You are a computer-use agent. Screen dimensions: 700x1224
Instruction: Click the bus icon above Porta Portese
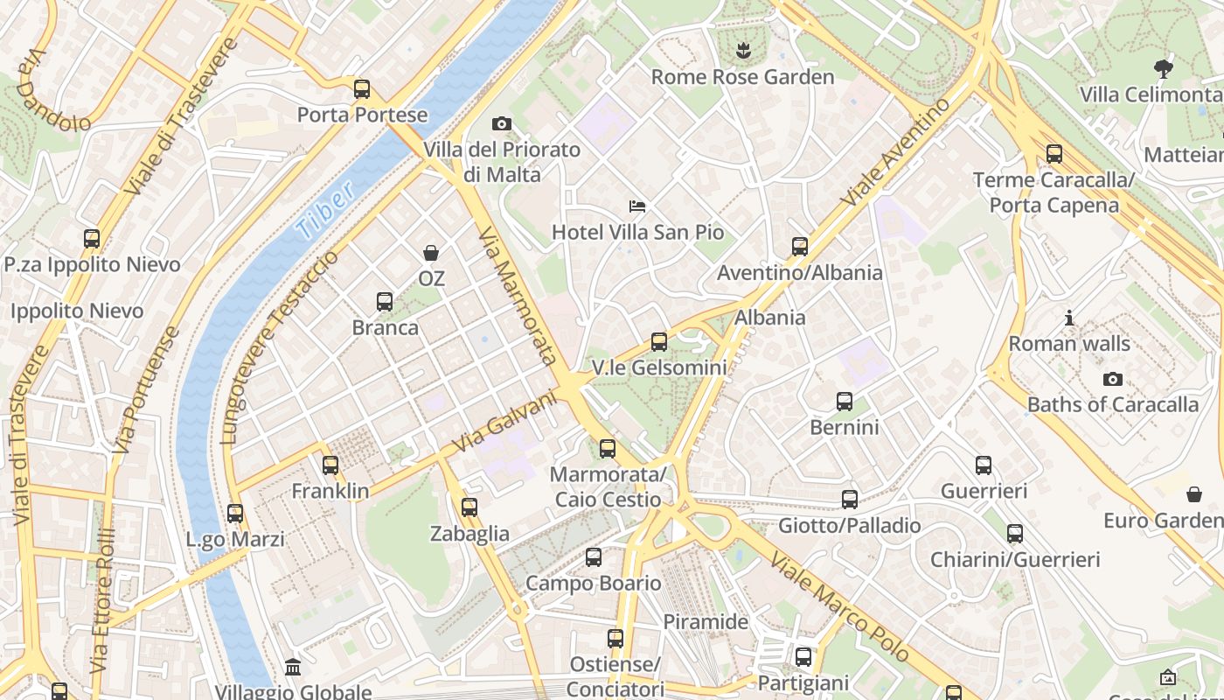click(361, 89)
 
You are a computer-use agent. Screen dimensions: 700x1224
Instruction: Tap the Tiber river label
click(324, 211)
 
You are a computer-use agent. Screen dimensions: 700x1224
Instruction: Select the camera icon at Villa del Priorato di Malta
click(502, 124)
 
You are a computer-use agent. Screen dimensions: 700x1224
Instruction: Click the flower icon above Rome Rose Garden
click(743, 50)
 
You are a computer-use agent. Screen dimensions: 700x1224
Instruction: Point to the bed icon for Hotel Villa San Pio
click(637, 206)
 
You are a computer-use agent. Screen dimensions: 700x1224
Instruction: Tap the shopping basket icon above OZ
click(431, 253)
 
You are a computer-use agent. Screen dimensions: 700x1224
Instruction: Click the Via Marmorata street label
click(518, 295)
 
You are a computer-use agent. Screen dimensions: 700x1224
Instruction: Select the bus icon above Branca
click(384, 302)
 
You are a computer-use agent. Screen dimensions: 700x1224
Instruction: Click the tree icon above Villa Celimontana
click(1163, 67)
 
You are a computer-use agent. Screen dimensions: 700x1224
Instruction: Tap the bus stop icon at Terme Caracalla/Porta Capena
click(1054, 154)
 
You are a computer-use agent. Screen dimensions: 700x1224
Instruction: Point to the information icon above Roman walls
click(1068, 318)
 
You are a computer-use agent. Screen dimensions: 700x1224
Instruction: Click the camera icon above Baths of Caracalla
click(1112, 379)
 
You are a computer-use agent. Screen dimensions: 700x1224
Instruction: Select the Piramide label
click(706, 622)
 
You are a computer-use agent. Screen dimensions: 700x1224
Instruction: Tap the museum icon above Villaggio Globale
click(293, 668)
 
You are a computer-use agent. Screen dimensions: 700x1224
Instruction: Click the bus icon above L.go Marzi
click(235, 514)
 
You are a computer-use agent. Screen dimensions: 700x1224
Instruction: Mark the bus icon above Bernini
click(844, 402)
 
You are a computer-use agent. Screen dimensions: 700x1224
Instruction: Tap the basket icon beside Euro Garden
click(1194, 495)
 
